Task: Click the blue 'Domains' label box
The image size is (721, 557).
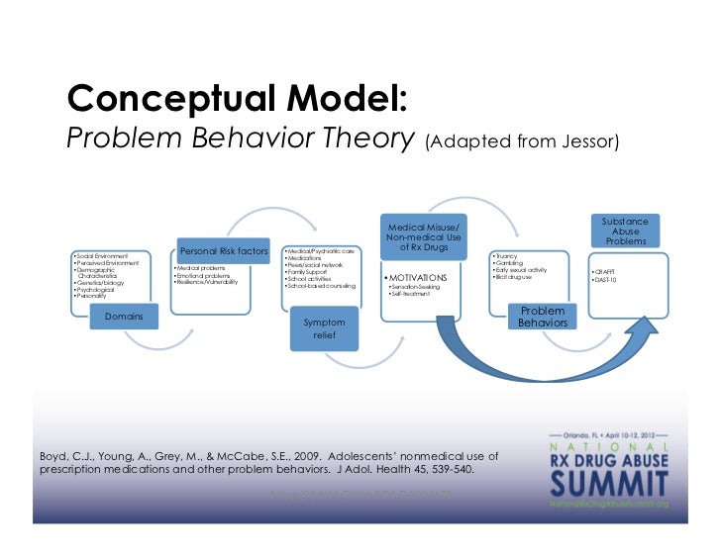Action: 125,317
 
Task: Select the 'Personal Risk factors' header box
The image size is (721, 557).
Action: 224,251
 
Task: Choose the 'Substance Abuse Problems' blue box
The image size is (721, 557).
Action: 626,231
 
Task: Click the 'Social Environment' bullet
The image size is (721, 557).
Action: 103,255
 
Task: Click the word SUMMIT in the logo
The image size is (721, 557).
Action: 605,482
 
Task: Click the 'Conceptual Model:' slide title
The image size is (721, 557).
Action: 236,98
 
